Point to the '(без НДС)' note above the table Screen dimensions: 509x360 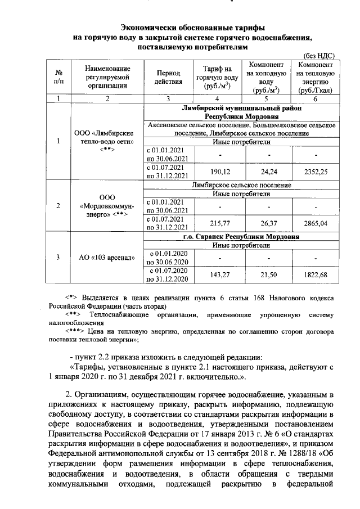click(319, 56)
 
